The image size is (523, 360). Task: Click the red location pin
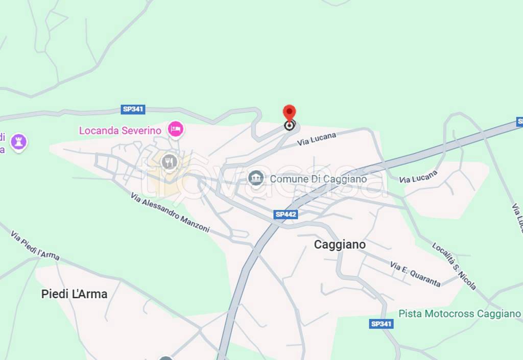pos(289,113)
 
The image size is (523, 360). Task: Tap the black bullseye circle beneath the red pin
pos(289,125)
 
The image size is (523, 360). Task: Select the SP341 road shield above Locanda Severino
pos(133,109)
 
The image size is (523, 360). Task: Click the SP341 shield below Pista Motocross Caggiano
pos(381,324)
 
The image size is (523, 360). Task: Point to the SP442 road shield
pos(286,214)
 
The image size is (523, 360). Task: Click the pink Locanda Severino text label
pos(120,130)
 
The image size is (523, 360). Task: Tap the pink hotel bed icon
pos(176,129)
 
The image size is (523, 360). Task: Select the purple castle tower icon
pos(19,142)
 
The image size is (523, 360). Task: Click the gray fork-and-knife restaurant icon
pos(169,162)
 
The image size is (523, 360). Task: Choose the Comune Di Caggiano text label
pos(318,179)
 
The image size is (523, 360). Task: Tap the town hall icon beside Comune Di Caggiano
pos(255,178)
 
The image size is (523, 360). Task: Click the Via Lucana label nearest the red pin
pos(317,139)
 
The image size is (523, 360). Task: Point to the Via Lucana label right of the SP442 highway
pos(418,177)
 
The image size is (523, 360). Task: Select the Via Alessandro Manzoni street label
pos(170,212)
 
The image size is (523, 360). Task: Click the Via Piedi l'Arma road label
pos(35,245)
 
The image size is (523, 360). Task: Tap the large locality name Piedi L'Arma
pos(74,294)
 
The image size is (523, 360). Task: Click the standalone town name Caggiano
pos(340,245)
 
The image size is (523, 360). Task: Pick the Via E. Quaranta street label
pos(415,274)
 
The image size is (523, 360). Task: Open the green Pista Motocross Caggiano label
pos(460,314)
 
